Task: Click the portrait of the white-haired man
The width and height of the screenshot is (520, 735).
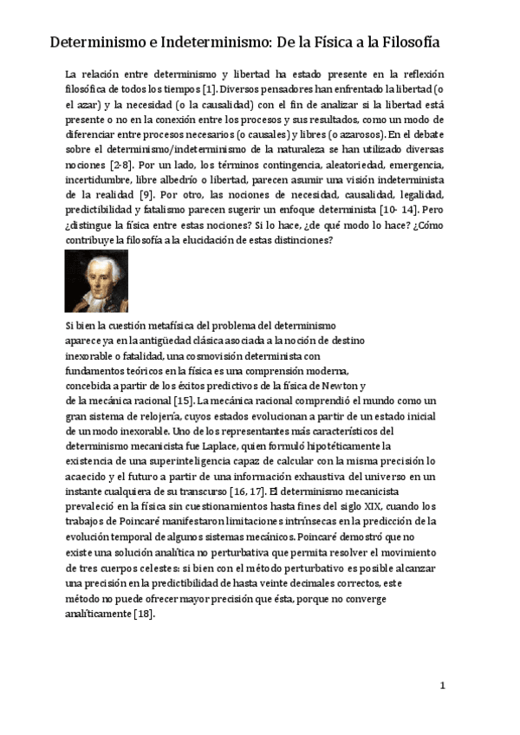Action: pyautogui.click(x=96, y=281)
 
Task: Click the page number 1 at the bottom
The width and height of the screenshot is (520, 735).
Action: pyautogui.click(x=442, y=686)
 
